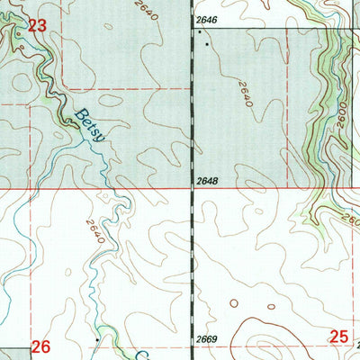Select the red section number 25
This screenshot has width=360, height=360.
[x=337, y=337]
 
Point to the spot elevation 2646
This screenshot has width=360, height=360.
[x=206, y=19]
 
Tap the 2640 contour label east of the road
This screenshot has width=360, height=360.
[x=244, y=94]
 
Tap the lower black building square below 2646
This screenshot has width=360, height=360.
[x=208, y=42]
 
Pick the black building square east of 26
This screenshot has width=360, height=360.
[x=97, y=339]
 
